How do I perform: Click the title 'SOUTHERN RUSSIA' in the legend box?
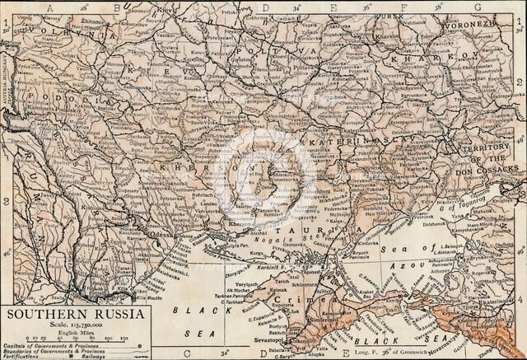pos(77,314)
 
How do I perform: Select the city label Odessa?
pos(161,233)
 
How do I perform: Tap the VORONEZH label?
pos(469,25)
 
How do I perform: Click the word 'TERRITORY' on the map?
pos(488,148)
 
